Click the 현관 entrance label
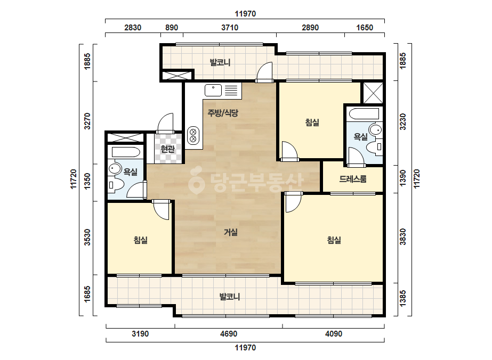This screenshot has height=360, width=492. coord(167,149)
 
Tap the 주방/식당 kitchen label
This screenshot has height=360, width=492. coord(223,112)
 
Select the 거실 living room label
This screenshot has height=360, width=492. coord(231,232)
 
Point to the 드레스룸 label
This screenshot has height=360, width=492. coord(353,179)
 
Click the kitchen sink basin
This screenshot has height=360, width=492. coord(213,91)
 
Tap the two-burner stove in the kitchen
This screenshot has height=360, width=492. coord(193,135)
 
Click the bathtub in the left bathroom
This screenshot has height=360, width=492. coord(126,152)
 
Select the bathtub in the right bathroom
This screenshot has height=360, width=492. coord(364,114)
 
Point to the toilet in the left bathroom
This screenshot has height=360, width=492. coord(115,185)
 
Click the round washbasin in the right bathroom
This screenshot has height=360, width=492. coord(375,129)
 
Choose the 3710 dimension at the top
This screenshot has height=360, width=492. coord(230,28)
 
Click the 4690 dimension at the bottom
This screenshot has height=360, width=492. coord(229,334)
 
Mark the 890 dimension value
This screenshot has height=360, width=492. coord(172,28)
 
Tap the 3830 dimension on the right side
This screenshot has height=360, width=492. coord(403,237)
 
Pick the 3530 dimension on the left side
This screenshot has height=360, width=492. coord(87,238)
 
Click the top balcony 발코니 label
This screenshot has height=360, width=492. coord(220,62)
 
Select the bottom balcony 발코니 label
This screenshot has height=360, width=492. coord(229,297)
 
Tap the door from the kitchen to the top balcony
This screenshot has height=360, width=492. coord(264,72)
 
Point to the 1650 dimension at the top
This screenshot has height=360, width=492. coord(365,28)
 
